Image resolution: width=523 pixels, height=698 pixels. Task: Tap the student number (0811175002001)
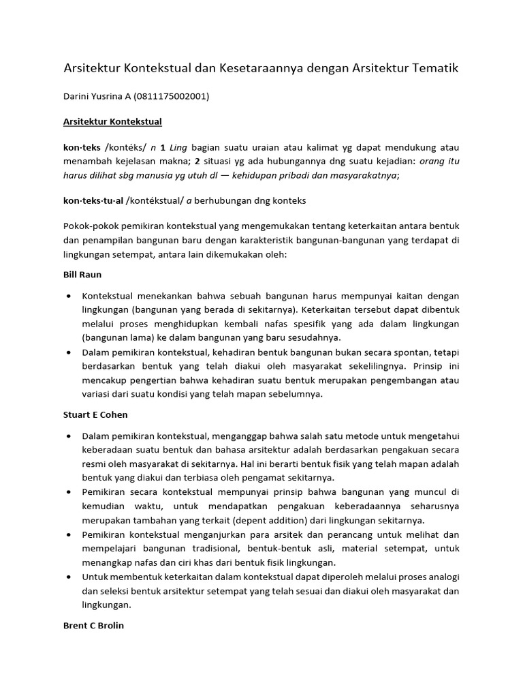pos(172,97)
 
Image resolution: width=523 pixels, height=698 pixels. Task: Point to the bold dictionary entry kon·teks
pos(82,148)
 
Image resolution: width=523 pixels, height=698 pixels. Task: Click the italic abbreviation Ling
pos(178,148)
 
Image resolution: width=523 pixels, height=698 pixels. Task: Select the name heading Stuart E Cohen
pos(95,414)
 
